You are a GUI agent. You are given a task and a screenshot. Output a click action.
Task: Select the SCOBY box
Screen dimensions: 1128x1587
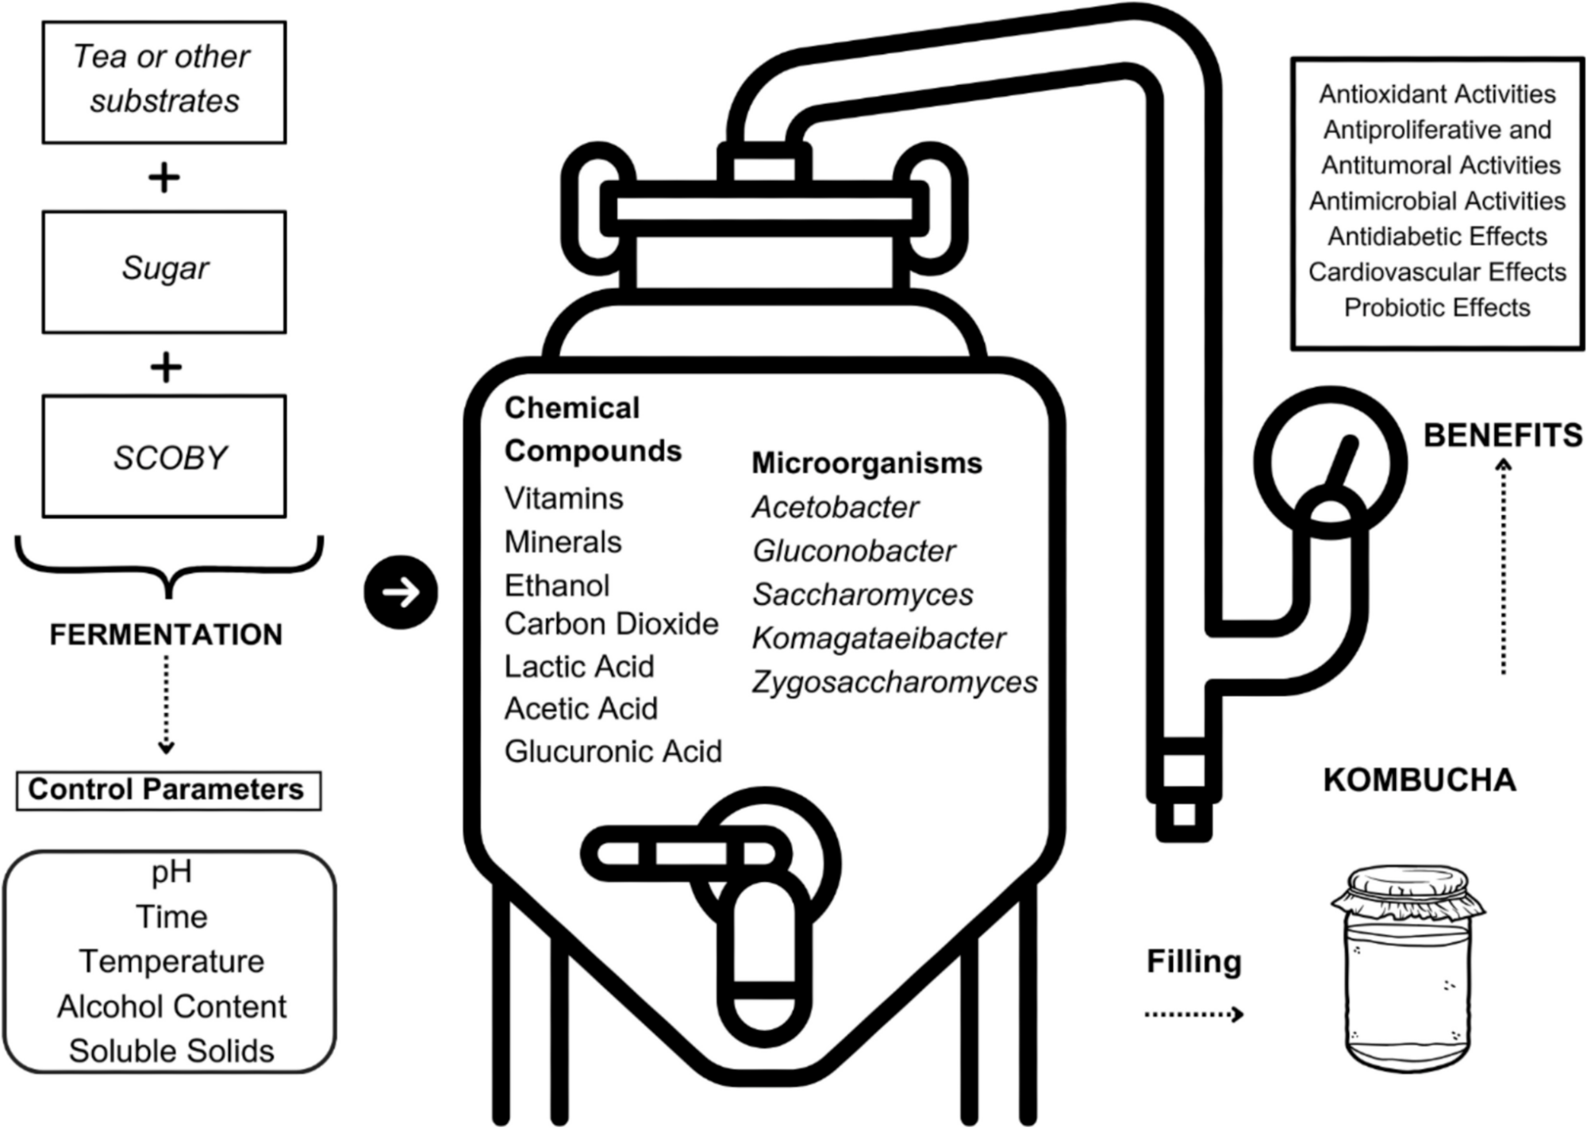[x=164, y=456]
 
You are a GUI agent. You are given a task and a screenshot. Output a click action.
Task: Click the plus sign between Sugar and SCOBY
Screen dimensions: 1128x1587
[x=165, y=368]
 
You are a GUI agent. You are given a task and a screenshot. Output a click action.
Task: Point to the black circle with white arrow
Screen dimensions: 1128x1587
[x=401, y=592]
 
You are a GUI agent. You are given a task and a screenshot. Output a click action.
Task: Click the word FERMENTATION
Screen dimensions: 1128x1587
[x=166, y=635]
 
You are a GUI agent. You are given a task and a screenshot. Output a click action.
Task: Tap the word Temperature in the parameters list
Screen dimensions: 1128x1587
[x=171, y=961]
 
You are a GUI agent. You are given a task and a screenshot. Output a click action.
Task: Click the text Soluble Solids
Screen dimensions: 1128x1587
[x=171, y=1051]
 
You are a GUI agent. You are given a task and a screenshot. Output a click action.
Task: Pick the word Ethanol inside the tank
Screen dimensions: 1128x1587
[x=557, y=586]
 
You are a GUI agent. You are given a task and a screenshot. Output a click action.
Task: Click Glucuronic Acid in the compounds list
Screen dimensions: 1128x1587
[x=613, y=752]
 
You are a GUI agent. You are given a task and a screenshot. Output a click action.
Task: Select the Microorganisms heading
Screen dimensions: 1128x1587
[x=867, y=463]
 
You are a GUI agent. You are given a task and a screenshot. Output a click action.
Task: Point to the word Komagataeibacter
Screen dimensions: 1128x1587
[x=878, y=638]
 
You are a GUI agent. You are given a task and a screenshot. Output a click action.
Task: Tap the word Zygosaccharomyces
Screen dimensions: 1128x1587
[x=894, y=682]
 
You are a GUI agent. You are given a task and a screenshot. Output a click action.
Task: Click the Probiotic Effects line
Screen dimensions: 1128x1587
[x=1437, y=307]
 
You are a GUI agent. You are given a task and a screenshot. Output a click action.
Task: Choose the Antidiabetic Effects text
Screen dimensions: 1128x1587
[x=1437, y=237]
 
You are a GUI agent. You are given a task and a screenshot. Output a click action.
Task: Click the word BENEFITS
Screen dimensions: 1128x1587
[x=1503, y=436]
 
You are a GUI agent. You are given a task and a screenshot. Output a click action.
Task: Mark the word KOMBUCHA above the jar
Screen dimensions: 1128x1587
[x=1420, y=780]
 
